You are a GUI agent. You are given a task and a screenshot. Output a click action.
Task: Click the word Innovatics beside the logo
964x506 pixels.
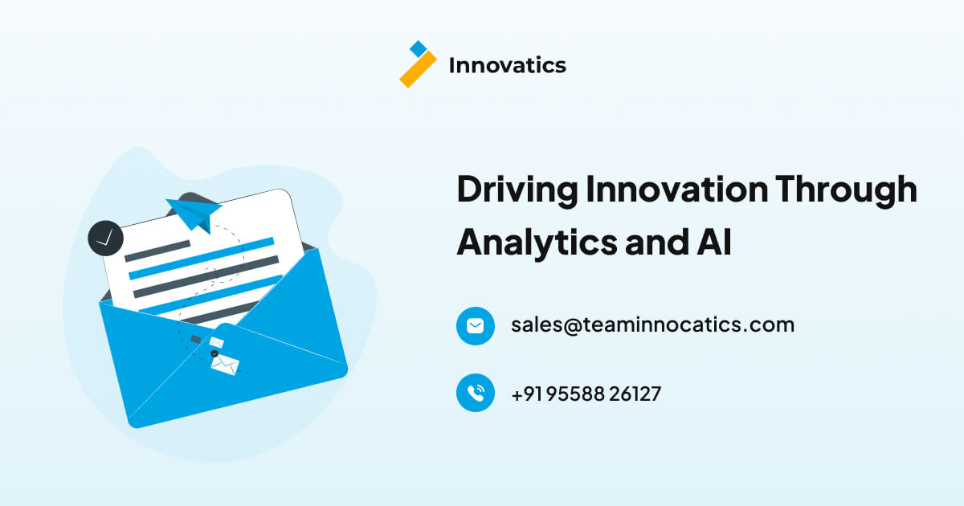click(x=507, y=65)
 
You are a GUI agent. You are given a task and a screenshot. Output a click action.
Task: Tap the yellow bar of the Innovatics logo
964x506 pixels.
click(x=418, y=70)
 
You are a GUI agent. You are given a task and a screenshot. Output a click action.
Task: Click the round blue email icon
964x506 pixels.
click(x=476, y=325)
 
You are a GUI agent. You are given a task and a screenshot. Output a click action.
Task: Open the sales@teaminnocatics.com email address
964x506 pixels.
click(x=652, y=324)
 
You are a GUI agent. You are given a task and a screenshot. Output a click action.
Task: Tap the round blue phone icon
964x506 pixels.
click(x=476, y=393)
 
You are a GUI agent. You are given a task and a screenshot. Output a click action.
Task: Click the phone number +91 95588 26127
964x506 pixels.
click(x=586, y=394)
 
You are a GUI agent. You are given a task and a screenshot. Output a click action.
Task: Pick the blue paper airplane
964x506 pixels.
click(x=194, y=211)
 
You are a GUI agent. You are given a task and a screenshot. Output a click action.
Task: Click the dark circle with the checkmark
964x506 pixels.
click(x=105, y=238)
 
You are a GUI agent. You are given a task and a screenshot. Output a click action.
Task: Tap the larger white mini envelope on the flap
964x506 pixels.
click(x=225, y=365)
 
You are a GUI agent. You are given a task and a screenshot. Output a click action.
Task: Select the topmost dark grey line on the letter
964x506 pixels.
click(x=157, y=251)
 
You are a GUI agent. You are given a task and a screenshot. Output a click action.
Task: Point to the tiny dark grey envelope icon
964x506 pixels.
click(x=196, y=340)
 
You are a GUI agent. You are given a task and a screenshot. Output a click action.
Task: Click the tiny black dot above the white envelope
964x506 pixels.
click(x=214, y=353)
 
